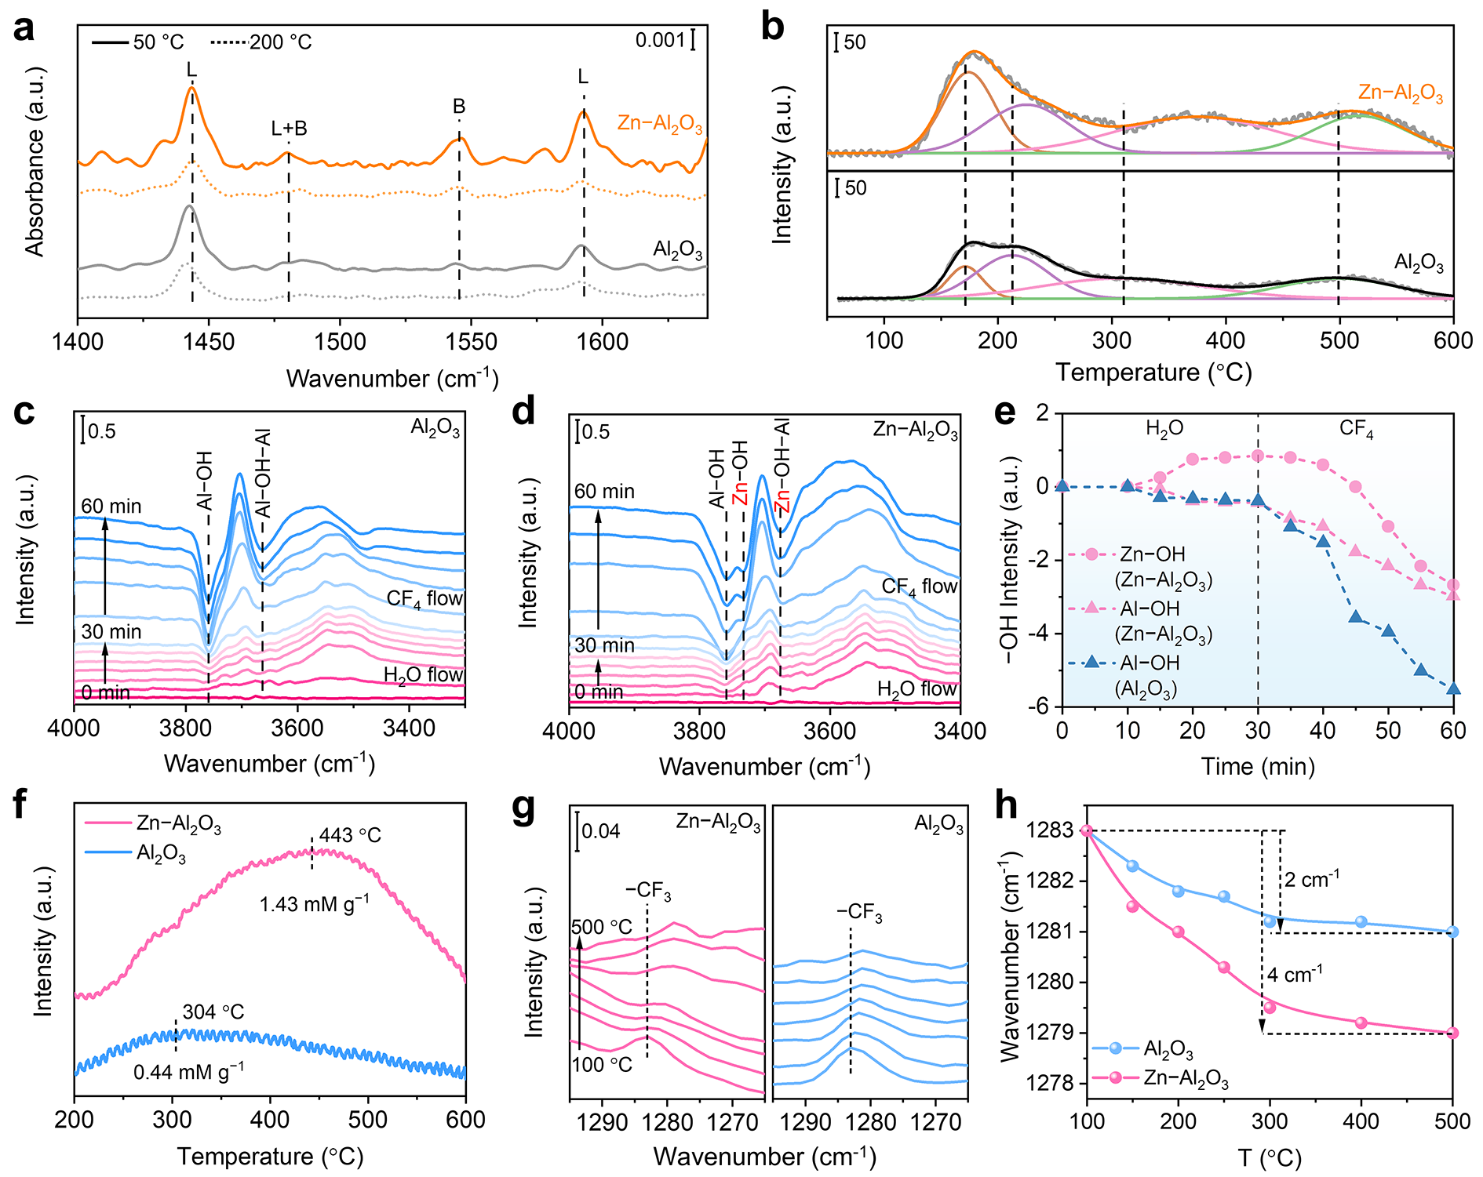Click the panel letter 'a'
pos(24,30)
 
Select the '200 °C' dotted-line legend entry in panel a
pos(280,42)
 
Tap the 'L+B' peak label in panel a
pos(289,129)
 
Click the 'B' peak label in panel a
pos(459,107)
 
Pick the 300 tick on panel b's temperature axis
pos(1112,340)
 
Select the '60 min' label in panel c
pos(111,507)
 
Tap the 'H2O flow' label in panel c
pos(423,675)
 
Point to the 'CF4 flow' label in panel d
pos(919,587)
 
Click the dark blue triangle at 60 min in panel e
pos(1453,688)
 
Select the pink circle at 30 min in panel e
pos(1258,456)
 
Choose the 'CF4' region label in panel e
pos(1356,429)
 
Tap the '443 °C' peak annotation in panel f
pos(350,835)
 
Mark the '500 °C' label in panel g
pos(601,928)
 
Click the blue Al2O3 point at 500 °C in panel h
pos(1452,932)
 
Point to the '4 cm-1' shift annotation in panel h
pos(1295,975)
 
